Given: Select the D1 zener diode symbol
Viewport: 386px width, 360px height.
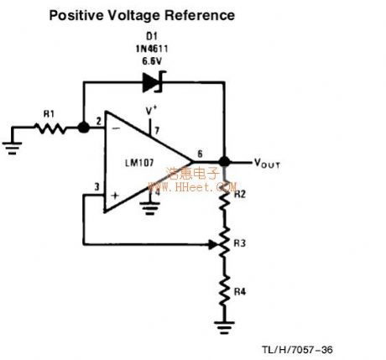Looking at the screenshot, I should pyautogui.click(x=153, y=81).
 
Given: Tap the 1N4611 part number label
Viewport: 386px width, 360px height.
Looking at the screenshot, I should pyautogui.click(x=153, y=49).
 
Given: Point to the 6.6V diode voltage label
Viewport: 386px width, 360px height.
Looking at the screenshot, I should pyautogui.click(x=153, y=60).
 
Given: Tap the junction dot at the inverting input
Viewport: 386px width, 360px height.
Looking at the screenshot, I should pyautogui.click(x=84, y=128).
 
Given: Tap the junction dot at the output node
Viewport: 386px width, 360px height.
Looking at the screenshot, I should pyautogui.click(x=225, y=162).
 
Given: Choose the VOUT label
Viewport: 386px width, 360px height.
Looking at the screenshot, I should pyautogui.click(x=265, y=164).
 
